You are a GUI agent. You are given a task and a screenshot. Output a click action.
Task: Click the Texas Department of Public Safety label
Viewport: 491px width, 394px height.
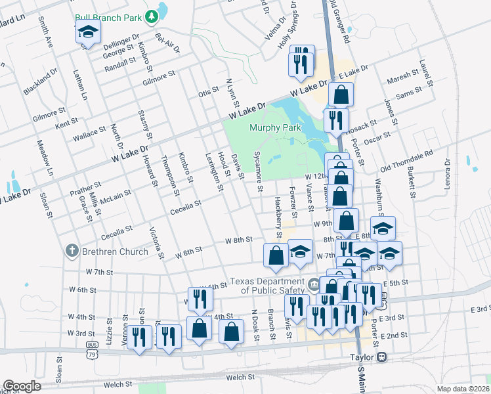pos(268,285)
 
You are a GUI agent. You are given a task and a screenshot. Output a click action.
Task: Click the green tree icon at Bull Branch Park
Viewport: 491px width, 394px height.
pos(152,14)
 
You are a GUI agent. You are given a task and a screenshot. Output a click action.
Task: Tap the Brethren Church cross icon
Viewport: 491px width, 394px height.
pos(72,251)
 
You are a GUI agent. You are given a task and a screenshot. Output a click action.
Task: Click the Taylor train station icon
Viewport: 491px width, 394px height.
pos(381,357)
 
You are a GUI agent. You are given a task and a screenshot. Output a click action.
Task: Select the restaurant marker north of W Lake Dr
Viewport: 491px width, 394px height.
pos(302,61)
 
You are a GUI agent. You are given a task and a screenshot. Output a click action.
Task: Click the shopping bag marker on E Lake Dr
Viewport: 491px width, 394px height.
pos(341,95)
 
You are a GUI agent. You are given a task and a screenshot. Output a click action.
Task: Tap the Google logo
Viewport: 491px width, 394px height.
pos(22,386)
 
